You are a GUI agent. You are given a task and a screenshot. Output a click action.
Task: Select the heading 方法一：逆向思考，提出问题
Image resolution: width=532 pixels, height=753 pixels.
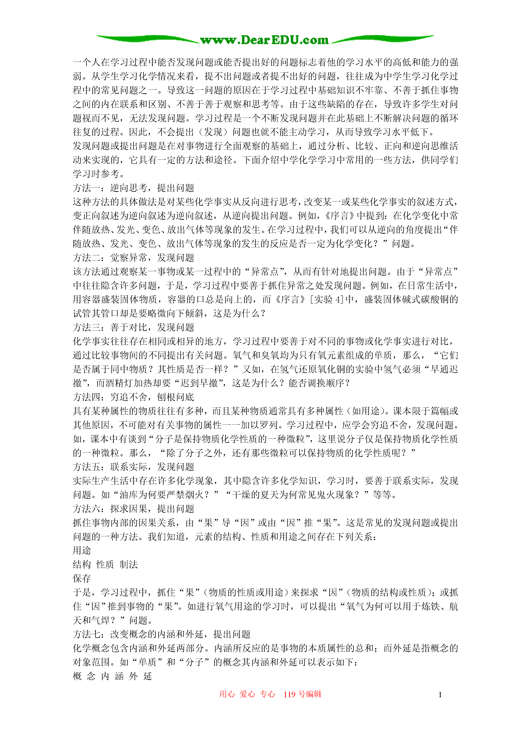click(133, 188)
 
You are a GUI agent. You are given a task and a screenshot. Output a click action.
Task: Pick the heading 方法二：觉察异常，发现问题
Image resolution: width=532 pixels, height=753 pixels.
click(133, 258)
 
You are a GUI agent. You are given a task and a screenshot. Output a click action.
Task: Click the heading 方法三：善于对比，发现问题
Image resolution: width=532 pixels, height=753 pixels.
click(133, 327)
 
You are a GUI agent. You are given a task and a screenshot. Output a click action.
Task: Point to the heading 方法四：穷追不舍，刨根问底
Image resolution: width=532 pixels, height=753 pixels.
click(133, 397)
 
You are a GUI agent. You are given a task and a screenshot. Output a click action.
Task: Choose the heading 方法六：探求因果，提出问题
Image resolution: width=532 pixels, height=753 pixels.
click(133, 509)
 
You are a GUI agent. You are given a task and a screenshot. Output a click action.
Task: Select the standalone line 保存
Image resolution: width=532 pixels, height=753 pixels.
click(82, 579)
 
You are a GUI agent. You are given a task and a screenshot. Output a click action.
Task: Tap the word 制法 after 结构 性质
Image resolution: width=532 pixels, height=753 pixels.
click(129, 564)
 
